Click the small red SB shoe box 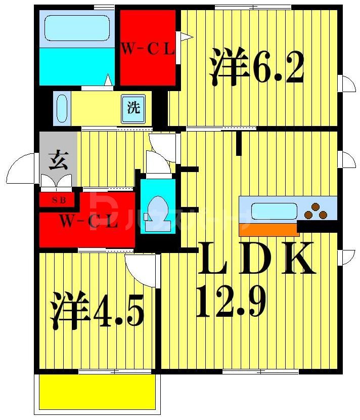(57, 199)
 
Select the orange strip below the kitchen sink (268, 229)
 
